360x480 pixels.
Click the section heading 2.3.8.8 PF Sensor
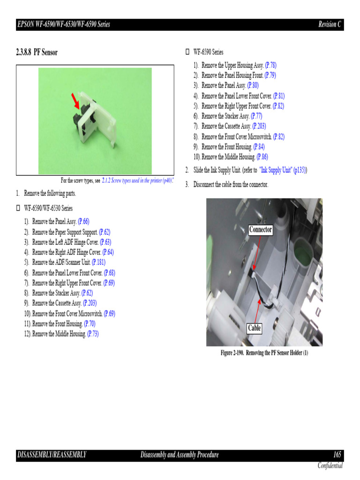point(37,52)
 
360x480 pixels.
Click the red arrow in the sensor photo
point(75,99)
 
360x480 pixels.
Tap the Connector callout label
point(260,230)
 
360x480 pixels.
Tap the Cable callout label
point(254,328)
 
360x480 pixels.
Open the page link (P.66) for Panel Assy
point(83,222)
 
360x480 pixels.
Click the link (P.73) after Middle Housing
point(93,334)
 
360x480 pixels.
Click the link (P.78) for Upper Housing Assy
point(270,65)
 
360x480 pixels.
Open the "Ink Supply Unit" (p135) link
point(283,170)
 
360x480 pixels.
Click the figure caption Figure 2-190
point(264,352)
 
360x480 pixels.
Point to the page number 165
point(337,455)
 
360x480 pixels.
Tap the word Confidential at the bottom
point(330,465)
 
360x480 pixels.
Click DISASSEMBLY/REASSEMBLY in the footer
point(52,455)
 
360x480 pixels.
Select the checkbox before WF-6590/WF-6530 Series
point(19,208)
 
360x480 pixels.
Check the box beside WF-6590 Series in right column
point(188,52)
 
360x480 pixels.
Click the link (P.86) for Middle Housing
point(262,157)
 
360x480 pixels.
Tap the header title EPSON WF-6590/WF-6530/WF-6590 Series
point(63,24)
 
